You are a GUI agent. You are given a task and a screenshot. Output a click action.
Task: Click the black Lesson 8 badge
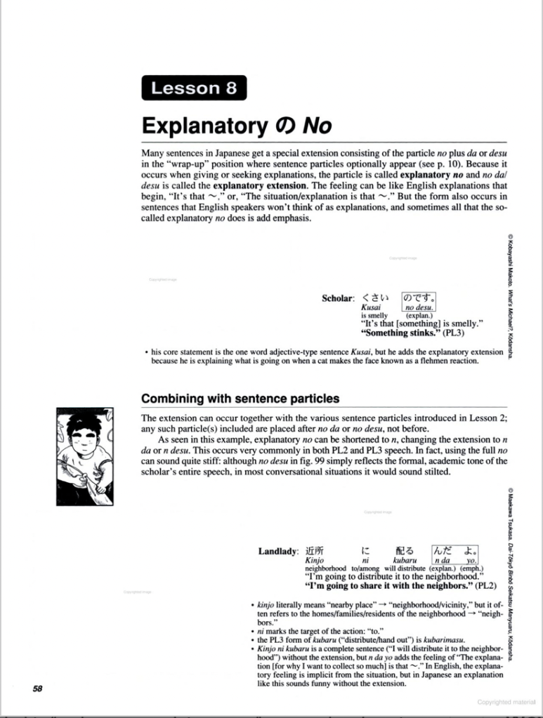pyautogui.click(x=194, y=88)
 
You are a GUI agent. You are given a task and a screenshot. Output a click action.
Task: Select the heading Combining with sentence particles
pyautogui.click(x=240, y=399)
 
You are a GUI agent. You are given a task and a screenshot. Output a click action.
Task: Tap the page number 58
pyautogui.click(x=38, y=688)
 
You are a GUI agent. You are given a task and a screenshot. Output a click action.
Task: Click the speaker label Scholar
pyautogui.click(x=338, y=298)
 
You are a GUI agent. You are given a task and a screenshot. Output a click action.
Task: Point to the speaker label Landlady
pyautogui.click(x=279, y=551)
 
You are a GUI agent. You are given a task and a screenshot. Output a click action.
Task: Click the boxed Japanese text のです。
pyautogui.click(x=419, y=298)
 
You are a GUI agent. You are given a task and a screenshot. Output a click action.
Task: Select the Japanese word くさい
pyautogui.click(x=374, y=298)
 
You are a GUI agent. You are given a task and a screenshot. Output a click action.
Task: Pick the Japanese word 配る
pyautogui.click(x=405, y=551)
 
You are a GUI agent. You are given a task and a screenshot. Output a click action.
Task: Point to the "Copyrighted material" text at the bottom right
pyautogui.click(x=506, y=701)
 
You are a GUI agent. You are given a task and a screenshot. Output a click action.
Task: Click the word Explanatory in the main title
pyautogui.click(x=199, y=126)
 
